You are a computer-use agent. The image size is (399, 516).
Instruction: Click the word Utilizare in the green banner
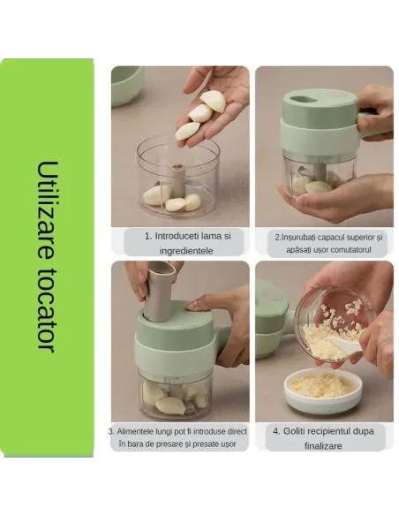pos(47,210)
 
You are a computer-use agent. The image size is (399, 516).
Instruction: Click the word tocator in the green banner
pos(47,308)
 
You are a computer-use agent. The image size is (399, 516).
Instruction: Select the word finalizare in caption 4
pos(323,446)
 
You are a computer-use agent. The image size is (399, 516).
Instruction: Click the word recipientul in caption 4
pos(329,431)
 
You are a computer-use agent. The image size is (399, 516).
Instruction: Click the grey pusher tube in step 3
pos(160,292)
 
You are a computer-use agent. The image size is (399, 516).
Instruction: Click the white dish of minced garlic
pos(323,391)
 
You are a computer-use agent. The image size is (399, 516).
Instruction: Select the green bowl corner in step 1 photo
pos(127,87)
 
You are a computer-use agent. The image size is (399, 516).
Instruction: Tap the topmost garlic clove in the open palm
pos(214,101)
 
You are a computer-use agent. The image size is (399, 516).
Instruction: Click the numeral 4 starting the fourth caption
pos(275,431)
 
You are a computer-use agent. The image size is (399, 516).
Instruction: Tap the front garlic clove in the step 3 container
pos(170,406)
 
